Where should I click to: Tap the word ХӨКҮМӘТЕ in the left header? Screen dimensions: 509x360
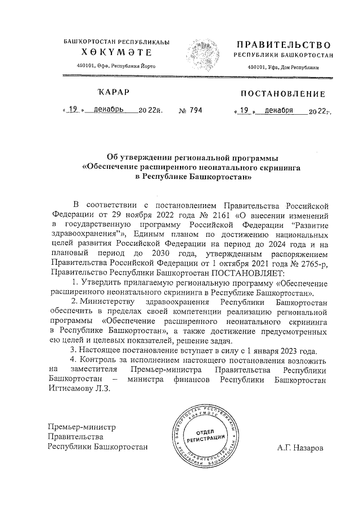pos(116,53)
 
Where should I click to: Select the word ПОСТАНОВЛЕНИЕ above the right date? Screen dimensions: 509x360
pos(283,94)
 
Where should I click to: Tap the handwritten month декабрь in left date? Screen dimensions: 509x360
pos(109,110)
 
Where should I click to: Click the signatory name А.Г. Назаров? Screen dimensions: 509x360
pos(300,448)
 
